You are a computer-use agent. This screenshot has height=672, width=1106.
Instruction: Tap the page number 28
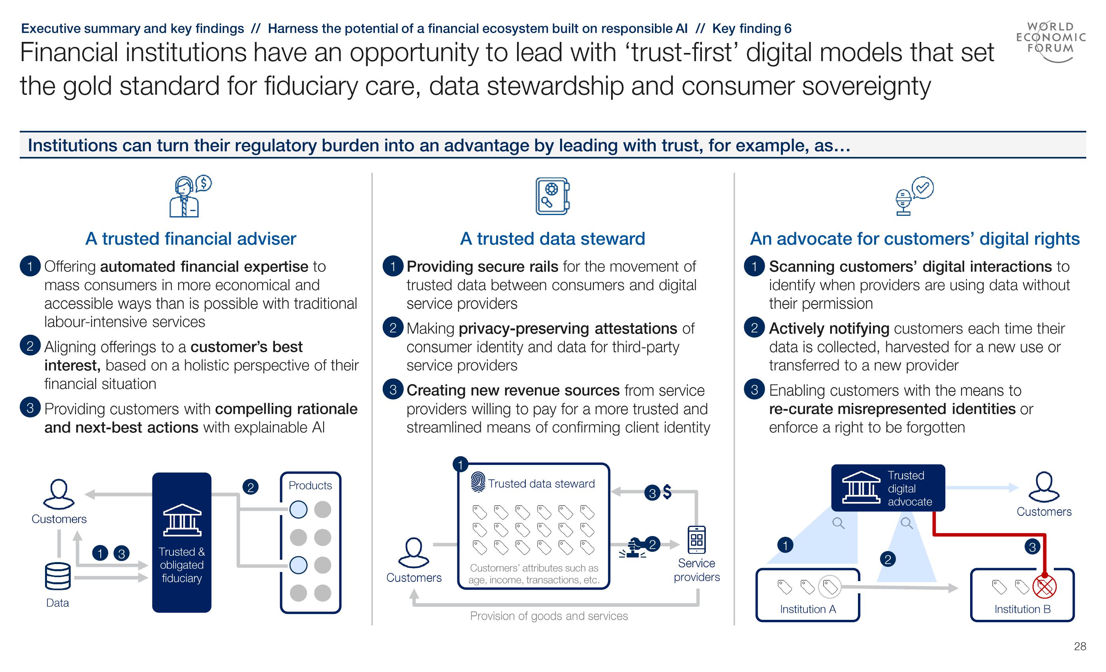[1080, 646]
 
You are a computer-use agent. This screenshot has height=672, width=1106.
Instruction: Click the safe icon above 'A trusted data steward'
[552, 196]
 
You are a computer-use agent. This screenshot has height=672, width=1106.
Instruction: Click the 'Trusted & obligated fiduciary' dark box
[181, 542]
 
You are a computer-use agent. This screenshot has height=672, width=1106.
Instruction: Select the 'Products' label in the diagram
[310, 485]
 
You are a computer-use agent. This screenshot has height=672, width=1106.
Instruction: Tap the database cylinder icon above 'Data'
[57, 576]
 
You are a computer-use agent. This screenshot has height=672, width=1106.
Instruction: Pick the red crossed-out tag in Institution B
[1044, 587]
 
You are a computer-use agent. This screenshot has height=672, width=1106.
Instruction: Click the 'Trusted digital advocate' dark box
[888, 488]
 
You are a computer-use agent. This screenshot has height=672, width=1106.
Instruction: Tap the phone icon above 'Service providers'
[697, 540]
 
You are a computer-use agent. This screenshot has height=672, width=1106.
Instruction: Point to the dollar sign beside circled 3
[667, 492]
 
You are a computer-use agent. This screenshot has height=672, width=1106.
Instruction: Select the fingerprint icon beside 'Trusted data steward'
[478, 482]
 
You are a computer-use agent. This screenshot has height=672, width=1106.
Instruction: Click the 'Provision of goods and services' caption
[549, 616]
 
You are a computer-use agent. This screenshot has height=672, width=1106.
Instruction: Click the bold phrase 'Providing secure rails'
[482, 266]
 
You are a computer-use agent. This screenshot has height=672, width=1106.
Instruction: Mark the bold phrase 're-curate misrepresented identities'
[892, 409]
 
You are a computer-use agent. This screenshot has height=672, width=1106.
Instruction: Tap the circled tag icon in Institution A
[829, 587]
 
